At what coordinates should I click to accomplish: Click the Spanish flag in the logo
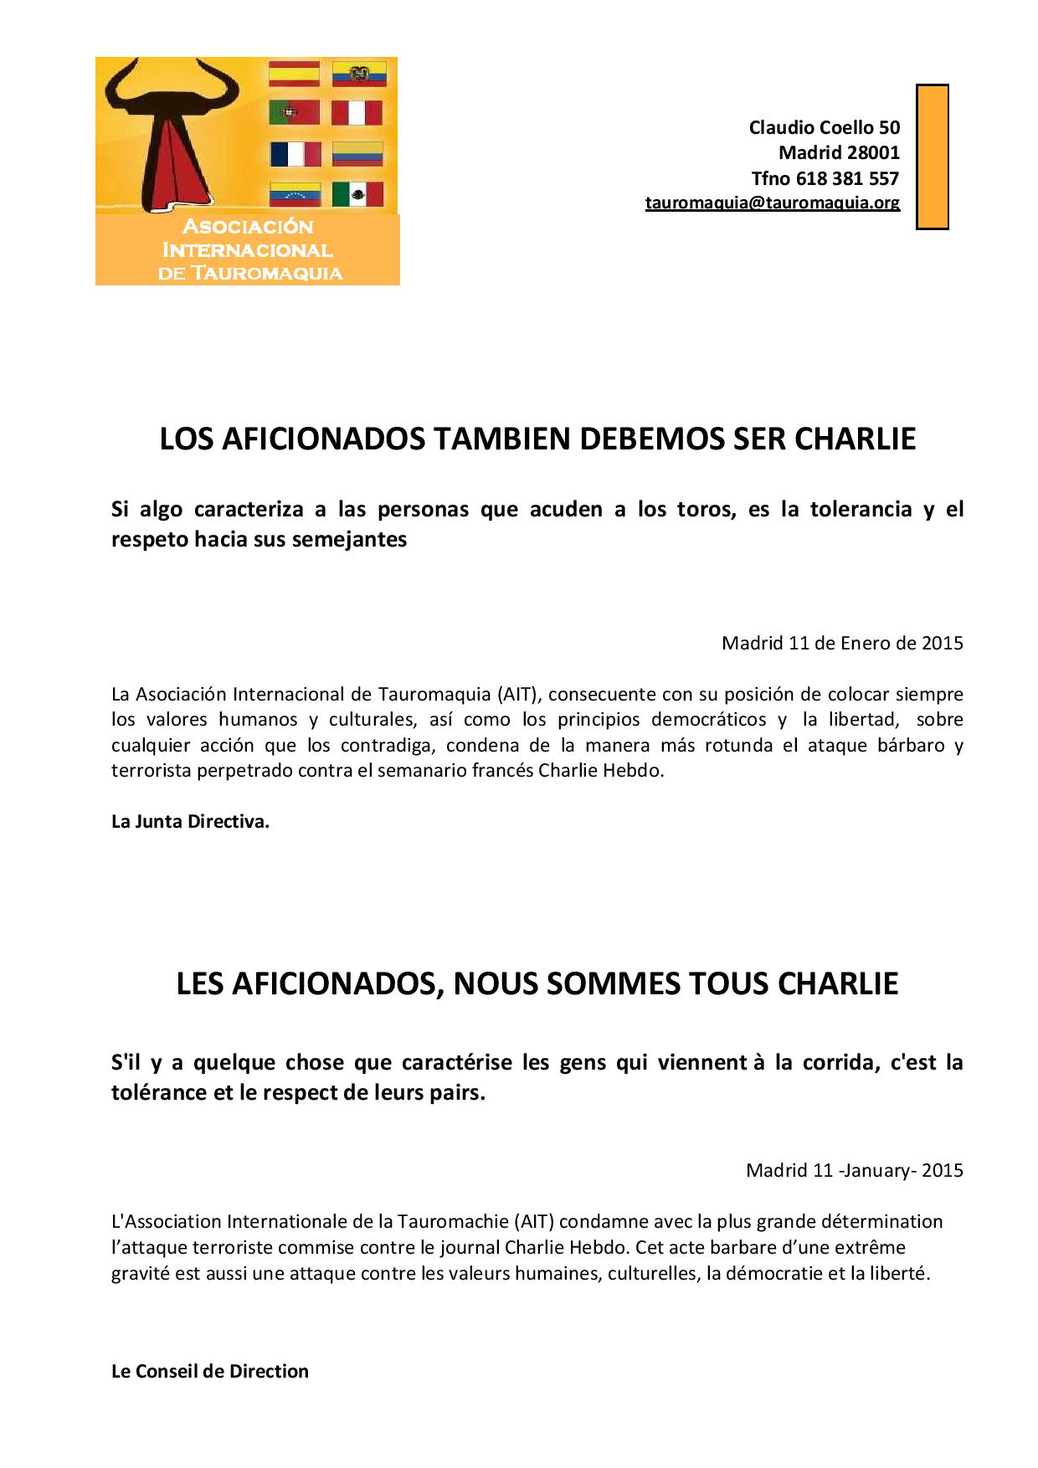(294, 74)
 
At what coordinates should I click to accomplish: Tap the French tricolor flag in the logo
(295, 154)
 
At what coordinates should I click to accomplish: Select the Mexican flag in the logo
(357, 194)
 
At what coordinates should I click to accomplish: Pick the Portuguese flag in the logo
(294, 113)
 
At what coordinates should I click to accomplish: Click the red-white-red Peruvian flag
(357, 113)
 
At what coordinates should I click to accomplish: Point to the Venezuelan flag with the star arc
(294, 194)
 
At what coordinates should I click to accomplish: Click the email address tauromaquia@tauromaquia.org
(772, 203)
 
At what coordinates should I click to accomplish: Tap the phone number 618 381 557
(847, 178)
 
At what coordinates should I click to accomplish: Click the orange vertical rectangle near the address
(932, 157)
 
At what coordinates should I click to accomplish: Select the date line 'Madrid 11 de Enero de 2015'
(842, 643)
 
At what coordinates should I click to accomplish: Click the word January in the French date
(878, 1169)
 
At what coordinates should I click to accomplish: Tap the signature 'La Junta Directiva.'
(190, 821)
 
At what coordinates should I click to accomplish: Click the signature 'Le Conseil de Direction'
(210, 1371)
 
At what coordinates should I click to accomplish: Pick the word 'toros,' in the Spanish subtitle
(707, 509)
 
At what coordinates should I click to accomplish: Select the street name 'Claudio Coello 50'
(824, 127)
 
